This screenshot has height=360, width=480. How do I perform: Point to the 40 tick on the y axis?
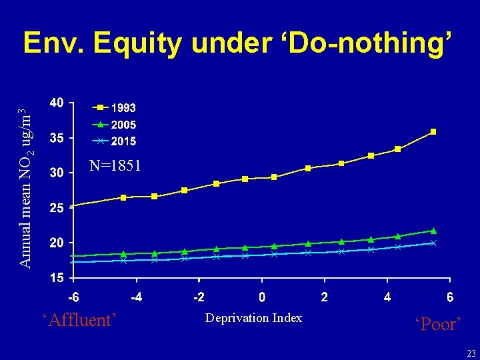point(57,103)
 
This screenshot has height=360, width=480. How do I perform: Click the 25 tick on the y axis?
point(57,208)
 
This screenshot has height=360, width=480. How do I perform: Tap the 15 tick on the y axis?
point(57,277)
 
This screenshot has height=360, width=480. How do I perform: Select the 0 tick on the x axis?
point(262,297)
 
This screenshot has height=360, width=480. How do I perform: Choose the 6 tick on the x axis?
point(450,297)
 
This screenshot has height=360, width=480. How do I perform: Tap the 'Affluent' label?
point(79,321)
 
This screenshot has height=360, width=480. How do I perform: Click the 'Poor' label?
point(437,325)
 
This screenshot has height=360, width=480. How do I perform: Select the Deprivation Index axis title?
point(253,318)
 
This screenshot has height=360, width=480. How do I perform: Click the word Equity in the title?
point(138,43)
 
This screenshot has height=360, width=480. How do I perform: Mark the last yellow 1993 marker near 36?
point(433,132)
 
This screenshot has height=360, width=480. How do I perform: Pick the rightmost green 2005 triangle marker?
point(433,231)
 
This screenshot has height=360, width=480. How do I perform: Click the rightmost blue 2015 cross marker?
point(433,243)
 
